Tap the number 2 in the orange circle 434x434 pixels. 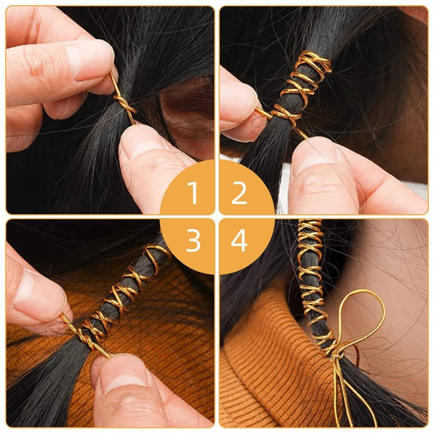pyautogui.click(x=239, y=193)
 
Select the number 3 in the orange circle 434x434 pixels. pyautogui.click(x=193, y=240)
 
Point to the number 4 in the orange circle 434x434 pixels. pyautogui.click(x=239, y=240)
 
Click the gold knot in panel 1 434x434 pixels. pyautogui.click(x=125, y=106)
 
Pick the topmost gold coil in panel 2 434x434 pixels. pyautogui.click(x=316, y=61)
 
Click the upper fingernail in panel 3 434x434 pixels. pyautogui.click(x=39, y=291)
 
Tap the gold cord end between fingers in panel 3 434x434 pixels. pyautogui.click(x=69, y=322)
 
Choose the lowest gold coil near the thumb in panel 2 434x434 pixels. pyautogui.click(x=284, y=113)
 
